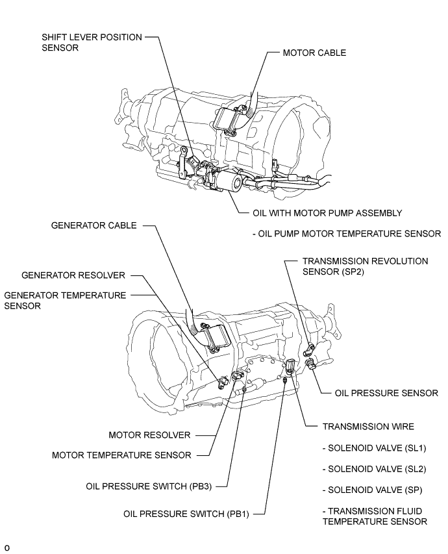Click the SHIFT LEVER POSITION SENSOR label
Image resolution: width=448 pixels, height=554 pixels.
coord(92,43)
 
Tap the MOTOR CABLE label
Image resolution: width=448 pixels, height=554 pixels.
coord(314,53)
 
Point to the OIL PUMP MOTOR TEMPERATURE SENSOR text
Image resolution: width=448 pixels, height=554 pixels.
coord(348,233)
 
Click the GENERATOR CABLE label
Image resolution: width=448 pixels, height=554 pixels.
coord(93,225)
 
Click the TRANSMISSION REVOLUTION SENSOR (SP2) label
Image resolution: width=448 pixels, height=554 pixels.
coord(365,266)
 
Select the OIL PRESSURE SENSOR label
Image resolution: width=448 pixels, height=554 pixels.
coord(386,393)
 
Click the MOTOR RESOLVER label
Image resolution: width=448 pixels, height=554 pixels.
coord(150,434)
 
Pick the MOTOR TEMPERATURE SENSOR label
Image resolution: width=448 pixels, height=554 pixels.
coord(121,455)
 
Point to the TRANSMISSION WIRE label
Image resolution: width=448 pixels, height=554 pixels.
coord(368,427)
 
